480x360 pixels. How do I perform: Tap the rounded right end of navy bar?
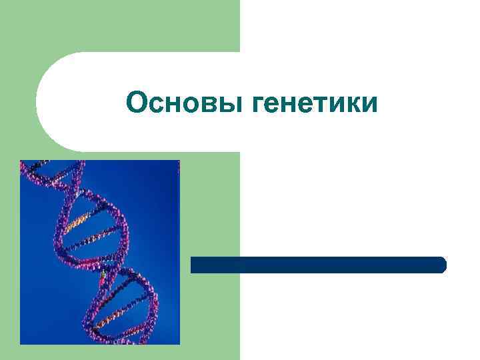(x=441, y=265)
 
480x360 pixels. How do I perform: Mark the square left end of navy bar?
(x=194, y=265)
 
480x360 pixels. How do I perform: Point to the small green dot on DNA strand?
(x=103, y=273)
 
